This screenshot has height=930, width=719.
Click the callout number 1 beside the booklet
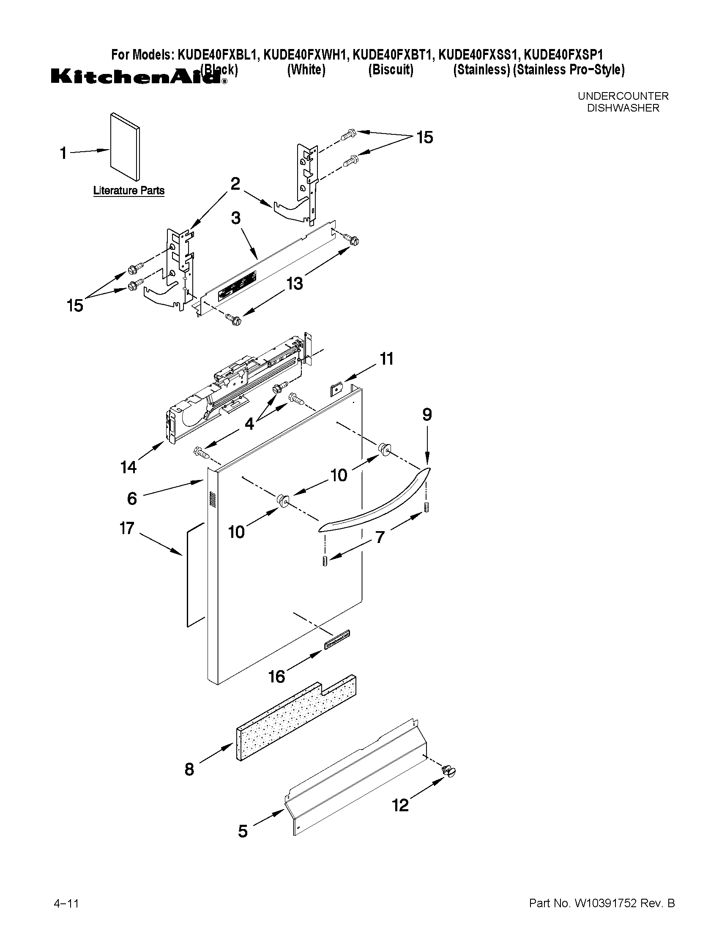[63, 153]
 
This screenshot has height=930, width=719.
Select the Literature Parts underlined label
[128, 190]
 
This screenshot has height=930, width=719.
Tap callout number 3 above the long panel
[235, 218]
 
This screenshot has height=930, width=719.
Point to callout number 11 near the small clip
[386, 359]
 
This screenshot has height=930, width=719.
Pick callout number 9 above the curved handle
[427, 415]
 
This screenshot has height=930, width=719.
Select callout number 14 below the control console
[128, 467]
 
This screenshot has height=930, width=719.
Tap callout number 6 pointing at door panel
[132, 498]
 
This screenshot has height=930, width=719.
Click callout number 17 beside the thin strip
[127, 529]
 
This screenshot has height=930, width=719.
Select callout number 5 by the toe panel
[243, 831]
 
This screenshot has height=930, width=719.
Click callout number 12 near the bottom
[400, 805]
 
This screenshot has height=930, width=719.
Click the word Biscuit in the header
[391, 70]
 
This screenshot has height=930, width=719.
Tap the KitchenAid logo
[136, 76]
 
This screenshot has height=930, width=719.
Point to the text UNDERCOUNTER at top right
[623, 96]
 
